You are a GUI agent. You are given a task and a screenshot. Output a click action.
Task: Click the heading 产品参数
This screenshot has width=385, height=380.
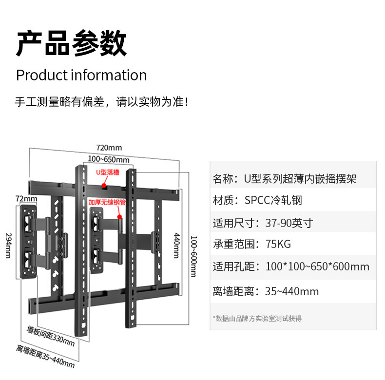click(x=71, y=44)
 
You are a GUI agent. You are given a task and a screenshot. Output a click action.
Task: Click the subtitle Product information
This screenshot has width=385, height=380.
click(x=81, y=76)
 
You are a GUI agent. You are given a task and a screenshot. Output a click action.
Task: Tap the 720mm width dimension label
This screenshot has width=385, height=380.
click(x=109, y=148)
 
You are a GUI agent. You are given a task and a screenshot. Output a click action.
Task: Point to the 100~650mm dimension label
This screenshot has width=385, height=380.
click(x=109, y=159)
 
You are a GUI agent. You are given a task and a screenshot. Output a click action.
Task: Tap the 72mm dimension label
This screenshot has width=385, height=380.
click(x=26, y=199)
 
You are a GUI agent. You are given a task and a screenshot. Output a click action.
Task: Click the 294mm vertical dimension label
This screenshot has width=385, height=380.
click(x=8, y=245)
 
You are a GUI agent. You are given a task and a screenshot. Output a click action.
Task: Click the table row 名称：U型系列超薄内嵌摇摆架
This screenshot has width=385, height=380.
click(x=285, y=178)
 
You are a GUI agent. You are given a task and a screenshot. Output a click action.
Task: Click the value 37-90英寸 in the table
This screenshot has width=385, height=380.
click(x=289, y=223)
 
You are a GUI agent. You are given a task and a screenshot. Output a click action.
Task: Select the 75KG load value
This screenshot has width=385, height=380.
click(x=278, y=245)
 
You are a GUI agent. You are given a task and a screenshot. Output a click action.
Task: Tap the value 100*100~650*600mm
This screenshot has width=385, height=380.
click(x=317, y=267)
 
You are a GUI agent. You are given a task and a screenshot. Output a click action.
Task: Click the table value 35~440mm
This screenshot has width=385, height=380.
click(x=291, y=291)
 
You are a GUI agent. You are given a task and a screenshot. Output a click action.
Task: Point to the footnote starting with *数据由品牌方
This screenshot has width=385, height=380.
click(x=257, y=318)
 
